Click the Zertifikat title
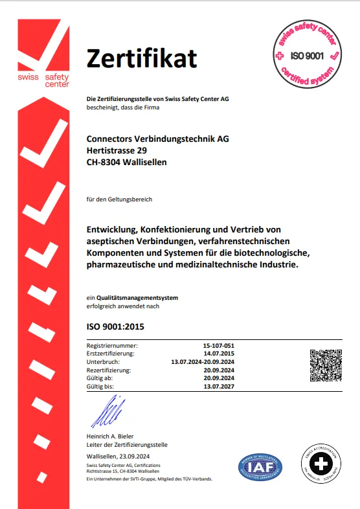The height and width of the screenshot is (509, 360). (142, 58)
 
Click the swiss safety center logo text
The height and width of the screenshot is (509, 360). (43, 79)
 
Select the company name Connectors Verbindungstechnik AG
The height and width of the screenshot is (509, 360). (157, 138)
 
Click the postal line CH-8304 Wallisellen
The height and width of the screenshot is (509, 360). (126, 163)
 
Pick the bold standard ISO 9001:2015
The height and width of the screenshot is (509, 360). (115, 326)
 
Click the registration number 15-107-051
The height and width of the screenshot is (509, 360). (218, 346)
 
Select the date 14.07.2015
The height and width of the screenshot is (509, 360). (219, 354)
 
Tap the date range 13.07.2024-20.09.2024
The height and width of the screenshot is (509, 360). (202, 362)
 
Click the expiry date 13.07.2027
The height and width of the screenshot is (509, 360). (219, 386)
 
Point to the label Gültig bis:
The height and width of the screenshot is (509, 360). (101, 386)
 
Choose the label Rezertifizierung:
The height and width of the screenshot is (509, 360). (109, 370)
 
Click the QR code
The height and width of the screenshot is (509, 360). (326, 365)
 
